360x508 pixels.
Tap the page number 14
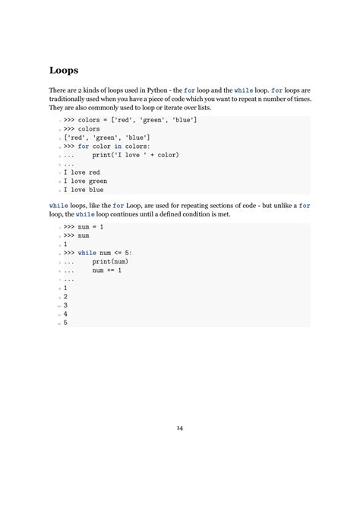[180, 428]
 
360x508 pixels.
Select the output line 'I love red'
[81, 172]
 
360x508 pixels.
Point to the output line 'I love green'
[85, 181]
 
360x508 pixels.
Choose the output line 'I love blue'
[83, 190]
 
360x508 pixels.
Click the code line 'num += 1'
[107, 270]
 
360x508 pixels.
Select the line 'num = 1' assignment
[91, 227]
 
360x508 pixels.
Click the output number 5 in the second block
[65, 323]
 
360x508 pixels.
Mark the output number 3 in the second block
[65, 305]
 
